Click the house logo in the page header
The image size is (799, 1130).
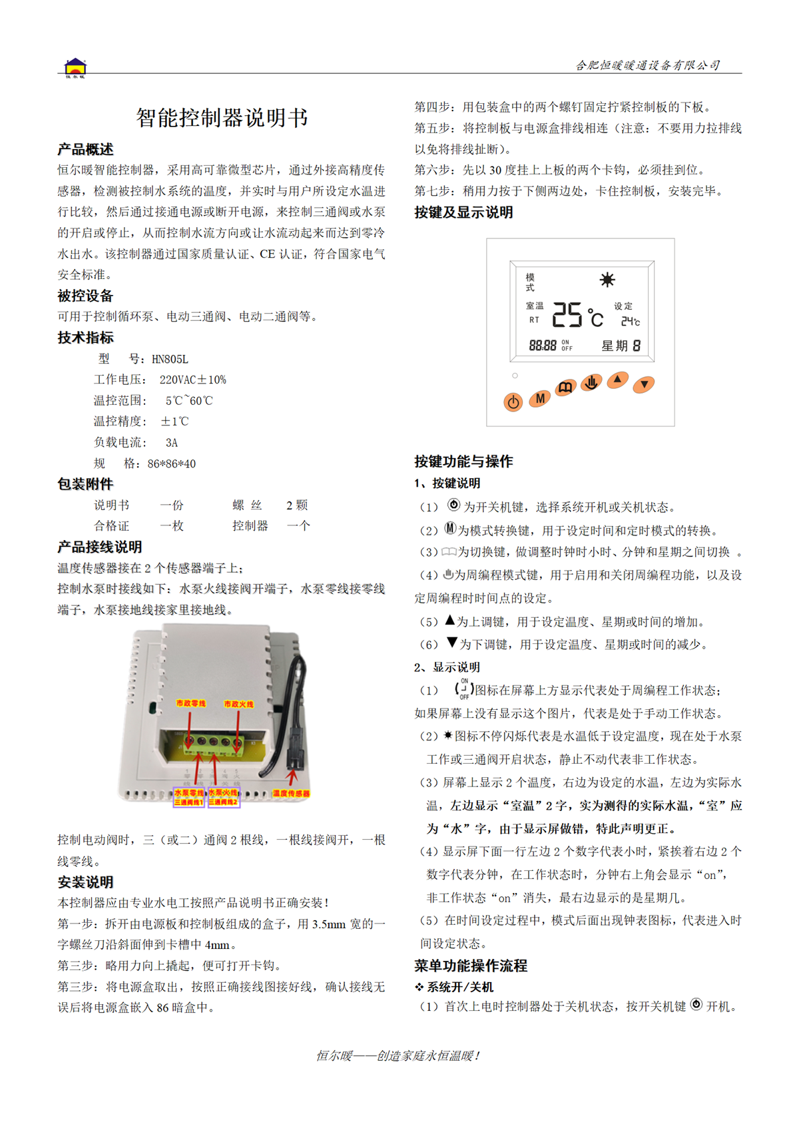(75, 68)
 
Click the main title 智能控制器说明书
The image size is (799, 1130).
(222, 118)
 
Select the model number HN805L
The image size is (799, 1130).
(170, 360)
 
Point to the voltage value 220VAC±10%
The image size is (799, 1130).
(193, 380)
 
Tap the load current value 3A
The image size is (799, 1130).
(172, 443)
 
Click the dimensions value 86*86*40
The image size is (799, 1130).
(172, 464)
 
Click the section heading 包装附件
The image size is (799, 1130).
(85, 485)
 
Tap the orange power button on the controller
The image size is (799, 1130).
(513, 402)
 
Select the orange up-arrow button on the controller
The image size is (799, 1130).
(617, 380)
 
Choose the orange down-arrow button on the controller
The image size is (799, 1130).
(644, 384)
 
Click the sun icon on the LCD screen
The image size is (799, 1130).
(607, 280)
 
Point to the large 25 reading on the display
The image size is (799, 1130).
(567, 315)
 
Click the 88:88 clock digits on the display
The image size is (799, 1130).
(543, 346)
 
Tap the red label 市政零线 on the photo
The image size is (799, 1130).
(190, 704)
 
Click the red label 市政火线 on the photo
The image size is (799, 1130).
(238, 704)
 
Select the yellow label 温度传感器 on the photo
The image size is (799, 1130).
(291, 794)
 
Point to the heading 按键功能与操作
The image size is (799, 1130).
(463, 461)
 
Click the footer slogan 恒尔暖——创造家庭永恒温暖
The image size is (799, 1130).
(398, 1056)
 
